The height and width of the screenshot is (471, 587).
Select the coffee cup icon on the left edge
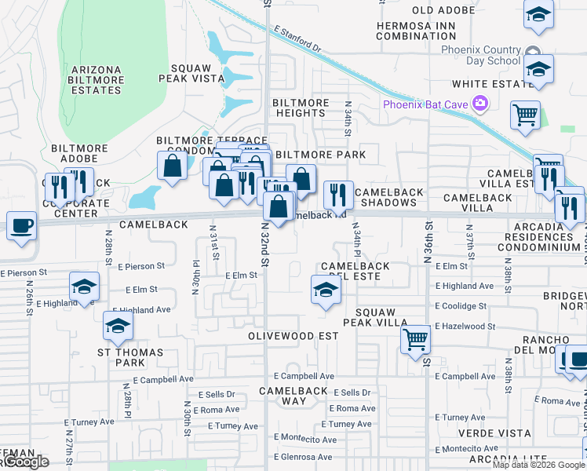coord(22,226)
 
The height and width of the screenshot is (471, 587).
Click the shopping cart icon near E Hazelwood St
coord(415,340)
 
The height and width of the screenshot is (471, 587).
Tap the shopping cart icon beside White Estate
coord(525,115)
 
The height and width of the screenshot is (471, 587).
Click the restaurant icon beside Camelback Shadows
coord(338,195)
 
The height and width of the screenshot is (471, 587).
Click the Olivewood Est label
coord(293,336)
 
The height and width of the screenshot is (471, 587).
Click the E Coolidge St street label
coord(461,306)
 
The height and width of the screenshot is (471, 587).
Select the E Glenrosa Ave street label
coord(303,457)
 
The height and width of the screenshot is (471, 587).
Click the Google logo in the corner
coord(25,462)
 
